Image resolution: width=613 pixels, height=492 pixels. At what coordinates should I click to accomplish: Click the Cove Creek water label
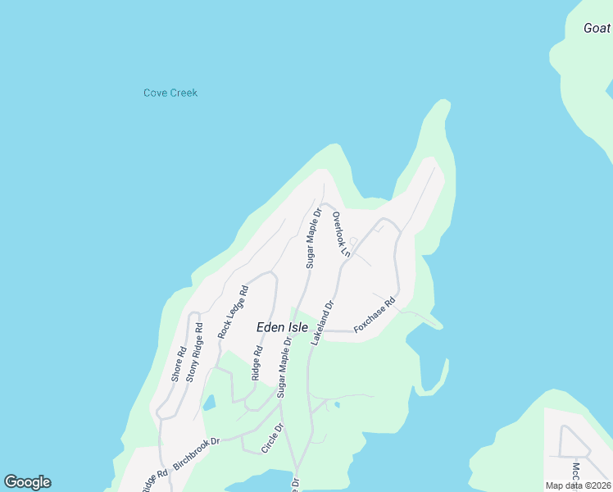[170, 93]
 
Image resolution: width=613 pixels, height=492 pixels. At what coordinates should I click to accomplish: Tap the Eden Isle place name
[282, 327]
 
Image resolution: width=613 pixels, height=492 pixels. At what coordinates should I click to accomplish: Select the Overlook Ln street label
[341, 235]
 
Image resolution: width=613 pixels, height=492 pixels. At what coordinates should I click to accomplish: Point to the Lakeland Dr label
[323, 321]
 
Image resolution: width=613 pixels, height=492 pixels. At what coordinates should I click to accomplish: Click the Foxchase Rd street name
[375, 315]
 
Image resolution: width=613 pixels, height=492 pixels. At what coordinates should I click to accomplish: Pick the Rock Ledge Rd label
[232, 312]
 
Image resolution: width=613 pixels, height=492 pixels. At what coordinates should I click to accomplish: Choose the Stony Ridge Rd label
[194, 353]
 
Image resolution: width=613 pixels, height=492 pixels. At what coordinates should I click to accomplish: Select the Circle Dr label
[271, 438]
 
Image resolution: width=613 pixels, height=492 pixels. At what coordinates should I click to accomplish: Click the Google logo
[27, 482]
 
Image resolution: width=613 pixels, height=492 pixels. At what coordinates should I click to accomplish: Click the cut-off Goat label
[597, 28]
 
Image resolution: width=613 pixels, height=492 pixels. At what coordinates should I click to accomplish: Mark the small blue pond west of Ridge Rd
[208, 403]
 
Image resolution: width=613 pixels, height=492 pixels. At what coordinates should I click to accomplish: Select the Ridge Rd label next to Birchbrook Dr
[154, 479]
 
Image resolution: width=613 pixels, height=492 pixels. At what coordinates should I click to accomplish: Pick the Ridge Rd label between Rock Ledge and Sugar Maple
[257, 362]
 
